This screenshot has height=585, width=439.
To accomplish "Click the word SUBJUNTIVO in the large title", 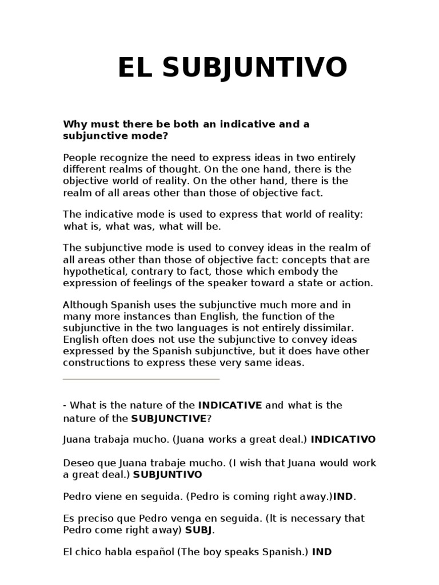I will coord(255,68).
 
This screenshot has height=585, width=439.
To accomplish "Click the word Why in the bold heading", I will coord(74,124).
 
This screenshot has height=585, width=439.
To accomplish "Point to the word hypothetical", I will coord(91,271).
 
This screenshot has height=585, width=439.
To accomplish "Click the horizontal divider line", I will coord(141,379).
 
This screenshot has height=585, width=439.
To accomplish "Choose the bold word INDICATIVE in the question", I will coord(230,405).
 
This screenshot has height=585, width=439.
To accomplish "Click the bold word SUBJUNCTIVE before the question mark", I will coord(169,418).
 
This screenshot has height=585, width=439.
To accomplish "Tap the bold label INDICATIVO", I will coord(343,439).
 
